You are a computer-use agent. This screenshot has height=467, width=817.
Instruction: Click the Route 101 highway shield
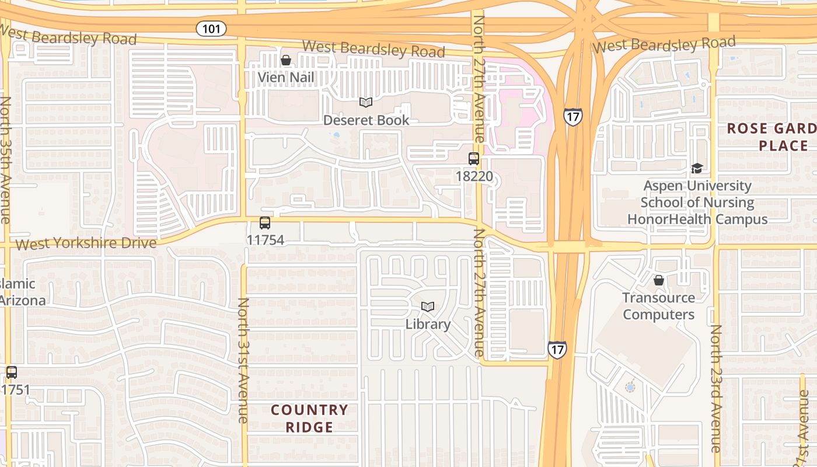coord(211,28)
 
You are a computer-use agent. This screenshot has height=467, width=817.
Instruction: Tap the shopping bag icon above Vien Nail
coord(286,60)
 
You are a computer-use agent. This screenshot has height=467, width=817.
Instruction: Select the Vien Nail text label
coord(286,77)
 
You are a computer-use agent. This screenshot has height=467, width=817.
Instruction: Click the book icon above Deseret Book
coord(366,103)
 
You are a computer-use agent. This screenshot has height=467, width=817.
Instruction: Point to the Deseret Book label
coord(366,120)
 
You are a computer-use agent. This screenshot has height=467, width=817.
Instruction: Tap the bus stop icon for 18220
coord(473,159)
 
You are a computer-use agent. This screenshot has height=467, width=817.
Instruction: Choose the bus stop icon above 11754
coord(265,223)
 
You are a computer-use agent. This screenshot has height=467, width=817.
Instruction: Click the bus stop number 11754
coord(265,240)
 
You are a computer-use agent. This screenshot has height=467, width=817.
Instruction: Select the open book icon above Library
coord(428,307)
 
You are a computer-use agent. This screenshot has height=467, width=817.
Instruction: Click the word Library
coord(428,324)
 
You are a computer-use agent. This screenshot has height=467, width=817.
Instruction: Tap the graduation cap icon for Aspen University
coord(697,169)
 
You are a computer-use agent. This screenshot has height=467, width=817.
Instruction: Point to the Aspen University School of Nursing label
coord(697,202)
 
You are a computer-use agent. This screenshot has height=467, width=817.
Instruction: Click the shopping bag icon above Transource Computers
coord(658,281)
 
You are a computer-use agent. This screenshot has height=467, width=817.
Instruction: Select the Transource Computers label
coord(658,306)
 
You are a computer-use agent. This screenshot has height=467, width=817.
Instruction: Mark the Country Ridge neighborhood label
coord(309,418)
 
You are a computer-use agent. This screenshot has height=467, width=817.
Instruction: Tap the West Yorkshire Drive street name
coord(86,243)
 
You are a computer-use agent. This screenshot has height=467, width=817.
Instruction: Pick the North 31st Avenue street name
coord(243,360)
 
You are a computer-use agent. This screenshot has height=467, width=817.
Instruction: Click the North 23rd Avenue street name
coord(715,388)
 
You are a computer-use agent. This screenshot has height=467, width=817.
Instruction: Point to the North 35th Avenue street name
coord(5,160)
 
